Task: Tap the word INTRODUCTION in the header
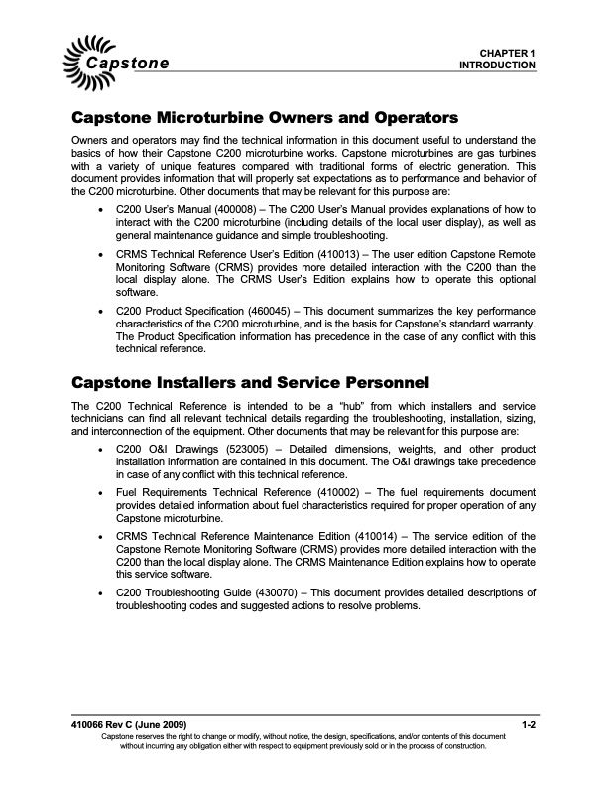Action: click(497, 65)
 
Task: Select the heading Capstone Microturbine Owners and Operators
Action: click(265, 117)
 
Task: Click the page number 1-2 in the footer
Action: click(529, 726)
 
